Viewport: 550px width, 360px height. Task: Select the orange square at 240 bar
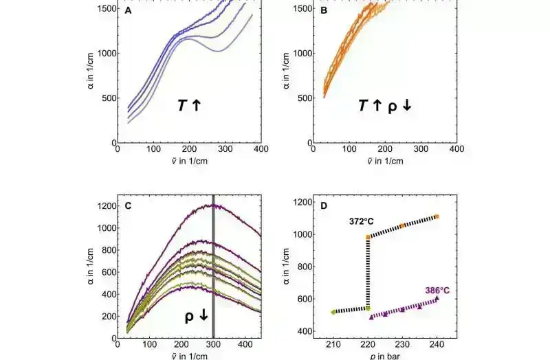point(437,217)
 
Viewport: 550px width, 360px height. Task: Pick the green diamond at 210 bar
point(333,312)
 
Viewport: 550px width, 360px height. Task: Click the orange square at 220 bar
point(368,237)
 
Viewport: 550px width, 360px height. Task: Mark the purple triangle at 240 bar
point(437,298)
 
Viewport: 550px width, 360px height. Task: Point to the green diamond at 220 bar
point(368,308)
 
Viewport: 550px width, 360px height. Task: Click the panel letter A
point(129,12)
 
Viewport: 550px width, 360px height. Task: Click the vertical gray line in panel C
point(213,275)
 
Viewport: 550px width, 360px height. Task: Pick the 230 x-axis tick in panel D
point(402,347)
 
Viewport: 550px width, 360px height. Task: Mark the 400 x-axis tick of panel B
point(453,148)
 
